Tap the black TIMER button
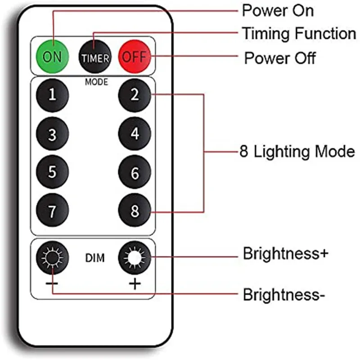tap(95, 58)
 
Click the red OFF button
tap(134, 58)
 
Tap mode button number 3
tap(53, 134)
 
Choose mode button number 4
tap(135, 134)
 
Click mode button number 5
tap(53, 171)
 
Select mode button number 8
tap(135, 210)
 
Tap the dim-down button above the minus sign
tap(53, 257)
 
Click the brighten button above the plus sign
tap(135, 257)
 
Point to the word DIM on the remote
tap(94, 258)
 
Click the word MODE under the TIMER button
tap(96, 82)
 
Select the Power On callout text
tap(278, 11)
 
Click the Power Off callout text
tap(280, 58)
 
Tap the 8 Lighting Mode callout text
tap(297, 152)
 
